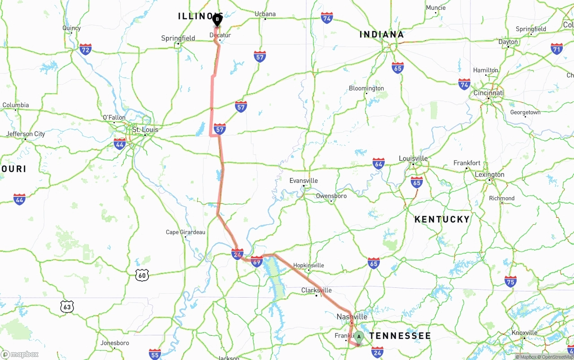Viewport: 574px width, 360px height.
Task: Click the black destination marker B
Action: [x=217, y=20]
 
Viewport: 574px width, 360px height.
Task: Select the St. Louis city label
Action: [x=145, y=130]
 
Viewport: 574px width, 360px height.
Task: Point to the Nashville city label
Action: [x=352, y=317]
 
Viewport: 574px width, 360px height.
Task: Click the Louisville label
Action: [x=413, y=159]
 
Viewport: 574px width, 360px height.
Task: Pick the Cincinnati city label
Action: [x=488, y=93]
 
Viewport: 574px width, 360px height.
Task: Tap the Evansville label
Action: [x=304, y=181]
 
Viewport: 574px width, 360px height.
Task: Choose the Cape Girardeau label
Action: [x=185, y=232]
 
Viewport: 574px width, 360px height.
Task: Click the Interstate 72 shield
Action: [x=85, y=49]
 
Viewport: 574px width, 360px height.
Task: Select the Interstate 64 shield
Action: [x=378, y=163]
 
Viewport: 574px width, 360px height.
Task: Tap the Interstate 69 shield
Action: [x=257, y=261]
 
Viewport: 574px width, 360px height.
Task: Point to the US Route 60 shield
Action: [x=142, y=275]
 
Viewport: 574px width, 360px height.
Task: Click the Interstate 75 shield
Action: [x=510, y=281]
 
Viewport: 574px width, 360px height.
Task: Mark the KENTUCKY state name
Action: [x=442, y=219]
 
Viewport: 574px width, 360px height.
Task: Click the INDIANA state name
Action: [x=382, y=35]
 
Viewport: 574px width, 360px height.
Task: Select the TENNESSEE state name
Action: [x=400, y=336]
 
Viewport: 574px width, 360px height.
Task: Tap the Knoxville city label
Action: [x=524, y=333]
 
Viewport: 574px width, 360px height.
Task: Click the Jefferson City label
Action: [x=26, y=134]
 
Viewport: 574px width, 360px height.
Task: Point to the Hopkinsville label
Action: [x=309, y=265]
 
